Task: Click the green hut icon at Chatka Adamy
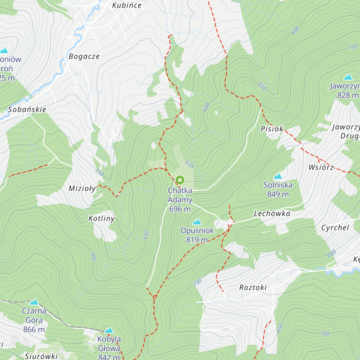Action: tap(180, 180)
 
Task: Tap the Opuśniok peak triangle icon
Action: tap(197, 222)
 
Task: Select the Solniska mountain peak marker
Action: tap(278, 176)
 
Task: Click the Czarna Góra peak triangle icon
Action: tap(34, 302)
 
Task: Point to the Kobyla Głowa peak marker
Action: tap(109, 330)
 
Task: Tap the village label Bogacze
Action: tap(84, 56)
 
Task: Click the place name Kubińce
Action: tap(127, 5)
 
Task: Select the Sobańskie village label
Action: tap(27, 109)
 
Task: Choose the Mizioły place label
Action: tap(82, 188)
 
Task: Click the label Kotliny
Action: tap(101, 218)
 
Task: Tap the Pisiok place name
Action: tap(272, 129)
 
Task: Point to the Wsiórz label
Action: tap(321, 167)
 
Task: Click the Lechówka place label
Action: tap(272, 214)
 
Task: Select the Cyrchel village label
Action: tap(335, 228)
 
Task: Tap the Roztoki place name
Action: tap(253, 287)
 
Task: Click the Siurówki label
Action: tap(41, 356)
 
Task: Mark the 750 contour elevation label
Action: tap(352, 47)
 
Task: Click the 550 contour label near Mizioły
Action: tap(99, 172)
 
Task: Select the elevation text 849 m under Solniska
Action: tap(278, 194)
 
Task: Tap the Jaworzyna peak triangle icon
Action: tap(348, 77)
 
